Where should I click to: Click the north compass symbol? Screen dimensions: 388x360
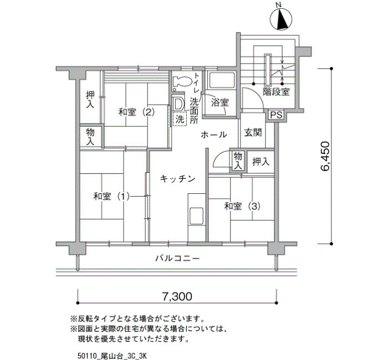coord(281,19)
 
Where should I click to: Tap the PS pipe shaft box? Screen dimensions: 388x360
coord(276,115)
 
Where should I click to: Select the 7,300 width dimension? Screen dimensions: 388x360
coord(177,296)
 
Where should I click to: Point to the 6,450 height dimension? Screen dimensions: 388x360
coord(325,156)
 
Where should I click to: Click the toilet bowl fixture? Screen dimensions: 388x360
coord(182,81)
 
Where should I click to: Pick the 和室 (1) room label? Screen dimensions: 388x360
coord(111,197)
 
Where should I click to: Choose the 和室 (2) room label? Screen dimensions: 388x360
coord(136,112)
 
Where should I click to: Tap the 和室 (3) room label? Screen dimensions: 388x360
coord(242,206)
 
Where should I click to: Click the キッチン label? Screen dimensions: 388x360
coord(178,178)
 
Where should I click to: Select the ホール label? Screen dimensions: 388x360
coord(214,135)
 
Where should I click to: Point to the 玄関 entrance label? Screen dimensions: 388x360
coord(253,133)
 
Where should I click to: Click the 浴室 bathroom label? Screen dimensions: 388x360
coord(219,102)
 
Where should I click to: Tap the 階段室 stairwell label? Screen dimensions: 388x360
coord(276,92)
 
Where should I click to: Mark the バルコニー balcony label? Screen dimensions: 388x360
coord(177,259)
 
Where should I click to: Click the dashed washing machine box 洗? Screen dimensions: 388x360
coord(180,119)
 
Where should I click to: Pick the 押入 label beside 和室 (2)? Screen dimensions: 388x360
coord(90,100)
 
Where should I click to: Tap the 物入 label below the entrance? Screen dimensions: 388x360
coord(238,161)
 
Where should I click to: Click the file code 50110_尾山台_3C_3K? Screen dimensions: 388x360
coord(113,356)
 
